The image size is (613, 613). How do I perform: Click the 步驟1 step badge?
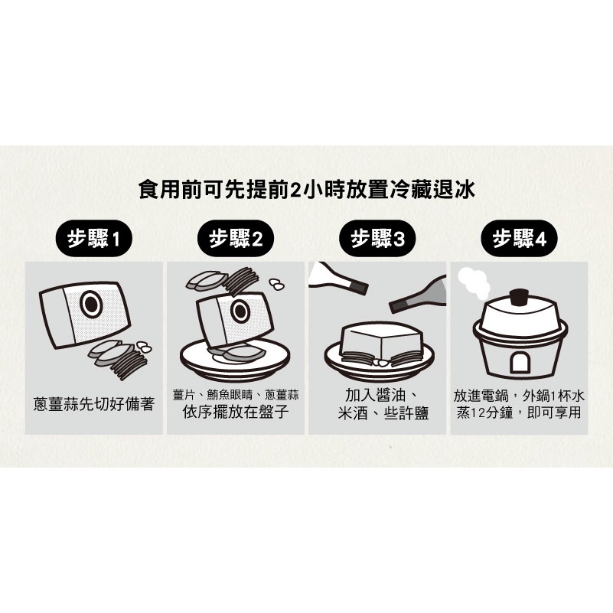pyautogui.click(x=94, y=239)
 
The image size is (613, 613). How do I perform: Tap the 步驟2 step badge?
pyautogui.click(x=236, y=239)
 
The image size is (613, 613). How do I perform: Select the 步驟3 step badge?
pyautogui.click(x=377, y=239)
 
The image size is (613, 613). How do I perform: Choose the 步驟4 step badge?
pyautogui.click(x=519, y=239)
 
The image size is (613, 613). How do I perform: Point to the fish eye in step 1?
pyautogui.click(x=91, y=305)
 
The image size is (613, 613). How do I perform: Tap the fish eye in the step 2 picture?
pyautogui.click(x=240, y=311)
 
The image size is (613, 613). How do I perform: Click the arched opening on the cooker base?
pyautogui.click(x=520, y=364)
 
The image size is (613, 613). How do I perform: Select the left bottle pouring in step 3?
pyautogui.click(x=337, y=278)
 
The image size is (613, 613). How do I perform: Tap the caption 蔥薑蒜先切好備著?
pyautogui.click(x=94, y=404)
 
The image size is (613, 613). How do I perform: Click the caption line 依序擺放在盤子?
pyautogui.click(x=236, y=411)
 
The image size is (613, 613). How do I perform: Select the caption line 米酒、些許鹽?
pyautogui.click(x=383, y=413)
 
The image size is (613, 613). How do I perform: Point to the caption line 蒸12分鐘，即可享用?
pyautogui.click(x=519, y=412)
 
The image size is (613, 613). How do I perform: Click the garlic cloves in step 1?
pyautogui.click(x=144, y=347)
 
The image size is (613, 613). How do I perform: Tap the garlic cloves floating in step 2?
pyautogui.click(x=277, y=284)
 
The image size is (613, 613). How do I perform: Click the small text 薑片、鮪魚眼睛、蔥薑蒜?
pyautogui.click(x=236, y=395)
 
